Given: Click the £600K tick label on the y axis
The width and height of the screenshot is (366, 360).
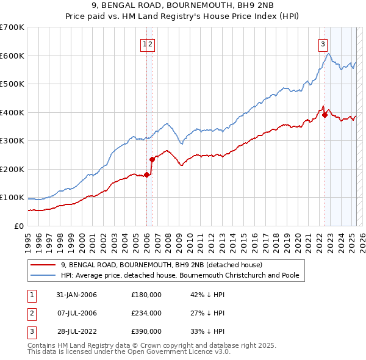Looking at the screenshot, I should (x=12, y=56).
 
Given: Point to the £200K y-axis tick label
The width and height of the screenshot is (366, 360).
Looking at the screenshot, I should (x=12, y=169).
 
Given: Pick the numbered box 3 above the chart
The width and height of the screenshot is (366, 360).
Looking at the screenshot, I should (x=322, y=43).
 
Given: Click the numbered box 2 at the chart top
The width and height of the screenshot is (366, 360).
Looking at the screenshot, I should (x=150, y=43).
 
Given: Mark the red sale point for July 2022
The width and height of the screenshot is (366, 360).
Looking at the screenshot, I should (x=325, y=115).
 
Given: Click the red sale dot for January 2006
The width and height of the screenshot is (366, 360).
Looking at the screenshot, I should (x=147, y=175).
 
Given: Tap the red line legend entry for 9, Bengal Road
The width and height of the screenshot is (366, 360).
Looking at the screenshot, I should (x=161, y=265).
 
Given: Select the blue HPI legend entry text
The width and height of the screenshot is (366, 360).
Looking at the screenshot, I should (x=179, y=275).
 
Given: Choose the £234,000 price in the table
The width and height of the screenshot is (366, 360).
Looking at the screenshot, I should (x=146, y=313).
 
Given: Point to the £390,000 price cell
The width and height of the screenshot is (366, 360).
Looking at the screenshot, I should (x=146, y=331).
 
